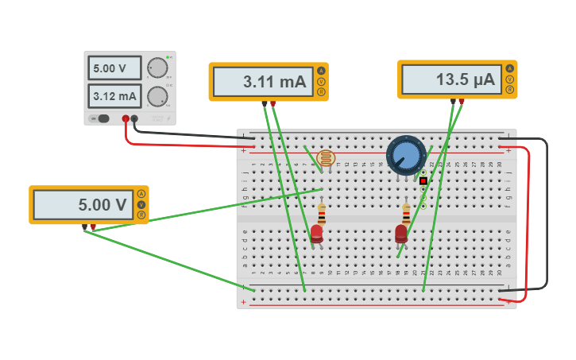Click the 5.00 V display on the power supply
click(x=114, y=68)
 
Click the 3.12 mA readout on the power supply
click(x=114, y=97)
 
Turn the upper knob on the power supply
click(x=157, y=68)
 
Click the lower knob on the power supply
click(x=157, y=97)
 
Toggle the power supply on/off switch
click(x=101, y=118)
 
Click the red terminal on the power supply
click(x=126, y=119)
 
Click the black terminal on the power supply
click(x=134, y=119)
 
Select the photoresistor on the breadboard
click(x=325, y=157)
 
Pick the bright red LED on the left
click(x=316, y=233)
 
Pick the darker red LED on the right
click(x=401, y=233)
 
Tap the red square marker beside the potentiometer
click(x=423, y=181)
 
